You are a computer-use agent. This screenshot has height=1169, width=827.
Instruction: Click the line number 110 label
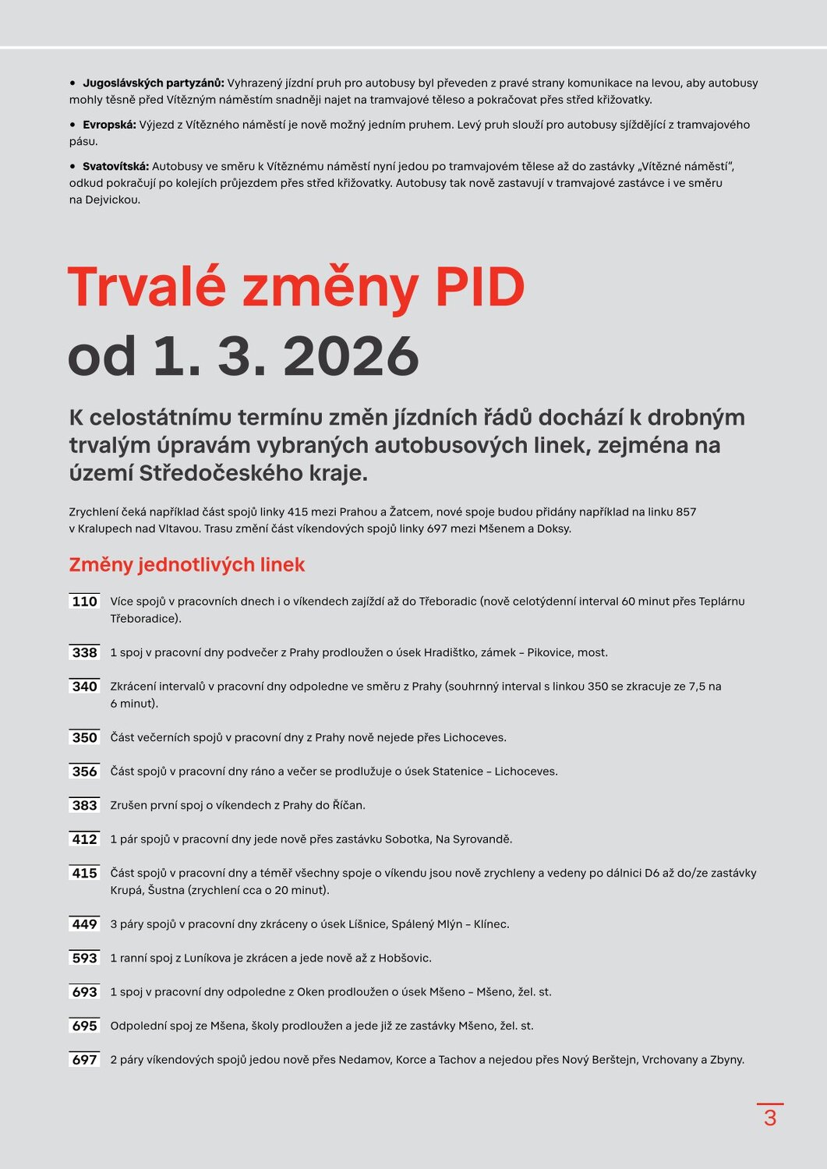pyautogui.click(x=84, y=602)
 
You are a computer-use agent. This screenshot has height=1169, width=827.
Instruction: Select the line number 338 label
pyautogui.click(x=84, y=653)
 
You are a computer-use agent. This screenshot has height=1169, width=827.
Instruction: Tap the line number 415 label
pyautogui.click(x=84, y=874)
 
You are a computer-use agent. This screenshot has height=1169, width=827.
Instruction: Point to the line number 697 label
pyautogui.click(x=84, y=1060)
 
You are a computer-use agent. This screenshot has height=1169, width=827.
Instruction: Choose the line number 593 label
pyautogui.click(x=84, y=959)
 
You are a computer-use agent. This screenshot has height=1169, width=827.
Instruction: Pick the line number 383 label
pyautogui.click(x=84, y=806)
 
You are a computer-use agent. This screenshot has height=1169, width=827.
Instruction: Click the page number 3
pyautogui.click(x=770, y=1118)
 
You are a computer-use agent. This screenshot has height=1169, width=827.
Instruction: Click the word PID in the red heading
pyautogui.click(x=479, y=288)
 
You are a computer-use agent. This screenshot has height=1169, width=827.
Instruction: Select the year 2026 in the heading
pyautogui.click(x=351, y=357)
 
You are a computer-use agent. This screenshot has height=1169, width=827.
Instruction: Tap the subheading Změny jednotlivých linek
pyautogui.click(x=186, y=565)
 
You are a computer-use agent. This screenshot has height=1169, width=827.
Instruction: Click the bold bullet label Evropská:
pyautogui.click(x=109, y=125)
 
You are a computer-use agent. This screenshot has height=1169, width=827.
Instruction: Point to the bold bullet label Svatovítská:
pyautogui.click(x=115, y=167)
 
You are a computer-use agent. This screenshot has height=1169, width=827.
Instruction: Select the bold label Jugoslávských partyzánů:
pyautogui.click(x=153, y=83)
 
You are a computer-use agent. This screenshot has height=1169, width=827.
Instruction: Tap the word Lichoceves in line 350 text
pyautogui.click(x=474, y=738)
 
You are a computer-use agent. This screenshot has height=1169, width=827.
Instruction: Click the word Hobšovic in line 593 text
pyautogui.click(x=404, y=959)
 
